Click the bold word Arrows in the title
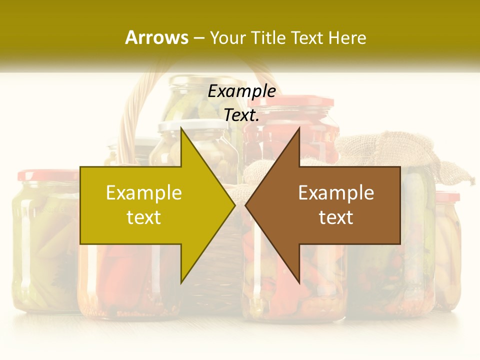[157, 37]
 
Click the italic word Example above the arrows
[242, 91]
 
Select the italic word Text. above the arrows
[242, 115]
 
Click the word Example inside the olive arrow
[144, 192]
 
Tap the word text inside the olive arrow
[144, 217]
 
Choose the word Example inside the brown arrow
[336, 192]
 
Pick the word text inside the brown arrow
[336, 217]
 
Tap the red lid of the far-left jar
[47, 175]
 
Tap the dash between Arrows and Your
[198, 38]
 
